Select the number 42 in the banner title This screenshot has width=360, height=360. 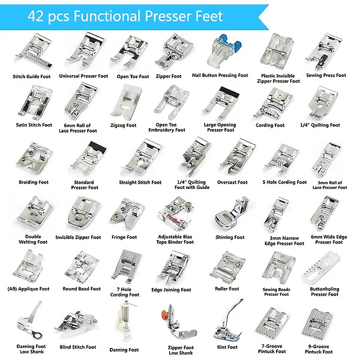tap(35, 16)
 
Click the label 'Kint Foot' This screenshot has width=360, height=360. tap(227, 347)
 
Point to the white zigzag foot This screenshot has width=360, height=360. tap(126, 103)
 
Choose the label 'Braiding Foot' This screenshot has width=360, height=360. tap(34, 182)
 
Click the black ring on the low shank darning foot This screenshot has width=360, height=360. tap(37, 335)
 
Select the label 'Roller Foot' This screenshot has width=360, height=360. tap(227, 289)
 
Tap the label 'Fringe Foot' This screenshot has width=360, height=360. tap(124, 237)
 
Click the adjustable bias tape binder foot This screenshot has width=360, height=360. tap(176, 214)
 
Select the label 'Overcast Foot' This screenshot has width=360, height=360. tap(232, 182)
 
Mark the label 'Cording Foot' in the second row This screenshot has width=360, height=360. tap(270, 125)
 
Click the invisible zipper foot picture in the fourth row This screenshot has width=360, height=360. tap(83, 214)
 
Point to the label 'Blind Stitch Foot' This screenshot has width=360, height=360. tap(77, 347)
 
